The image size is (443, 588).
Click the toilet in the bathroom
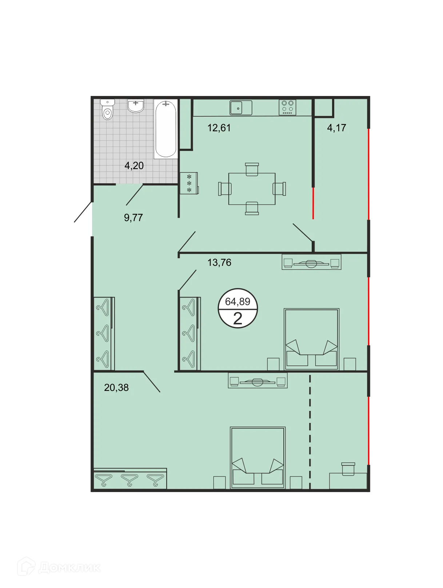pos(107,110)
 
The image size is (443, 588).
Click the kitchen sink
pos(241,108)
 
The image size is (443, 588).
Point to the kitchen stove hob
pos(287,108)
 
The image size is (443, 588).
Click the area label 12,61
pos(219,128)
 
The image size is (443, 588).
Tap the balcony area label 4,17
pos(336,128)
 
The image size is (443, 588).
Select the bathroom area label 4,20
pos(134,166)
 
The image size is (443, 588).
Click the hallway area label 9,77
pos(133,218)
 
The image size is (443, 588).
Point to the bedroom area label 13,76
pos(219,263)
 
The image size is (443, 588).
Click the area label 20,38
pos(116,388)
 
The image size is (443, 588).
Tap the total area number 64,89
pos(238,301)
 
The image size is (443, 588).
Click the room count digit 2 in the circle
pos(238,319)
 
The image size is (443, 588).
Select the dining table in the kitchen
pos(252,189)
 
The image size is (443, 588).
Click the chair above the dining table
pos(252,169)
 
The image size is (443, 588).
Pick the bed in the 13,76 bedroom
pos(312,339)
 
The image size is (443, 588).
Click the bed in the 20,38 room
pos(258,457)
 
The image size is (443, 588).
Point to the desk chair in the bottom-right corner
pos(348,469)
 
